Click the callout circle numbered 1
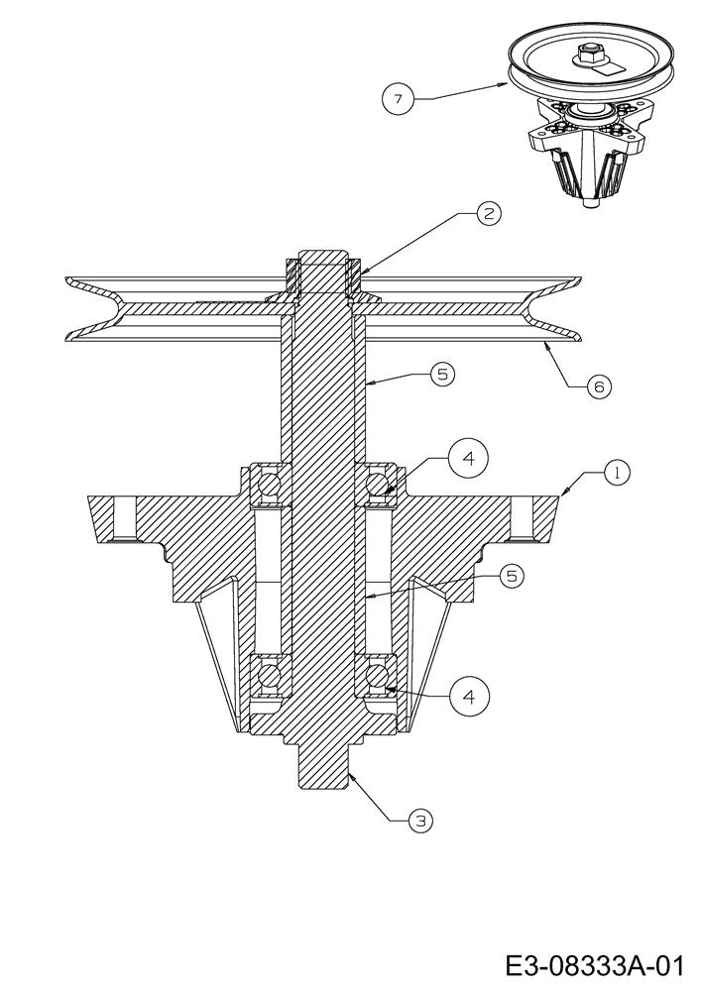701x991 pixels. click(617, 473)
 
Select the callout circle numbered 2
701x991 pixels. click(488, 214)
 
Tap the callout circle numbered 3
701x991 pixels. click(420, 821)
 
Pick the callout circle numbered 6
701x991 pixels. click(599, 385)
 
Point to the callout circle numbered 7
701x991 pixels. click(398, 98)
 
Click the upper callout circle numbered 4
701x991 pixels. click(468, 458)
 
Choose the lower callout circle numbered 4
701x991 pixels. click(469, 697)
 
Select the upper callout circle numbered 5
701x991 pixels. click(442, 375)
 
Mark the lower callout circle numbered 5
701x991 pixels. click(512, 576)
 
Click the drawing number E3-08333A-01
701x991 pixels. click(594, 966)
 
